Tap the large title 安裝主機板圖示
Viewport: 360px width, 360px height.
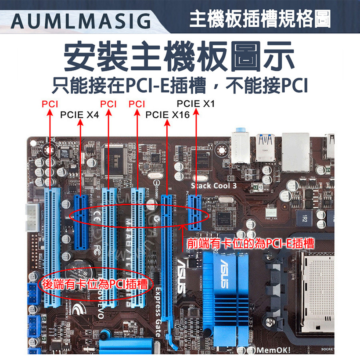click(180, 55)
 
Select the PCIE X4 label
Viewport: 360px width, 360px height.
click(79, 115)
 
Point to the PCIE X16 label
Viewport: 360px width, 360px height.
click(167, 115)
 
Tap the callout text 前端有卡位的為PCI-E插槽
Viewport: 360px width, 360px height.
click(250, 243)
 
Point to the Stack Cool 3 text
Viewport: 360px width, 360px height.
click(214, 186)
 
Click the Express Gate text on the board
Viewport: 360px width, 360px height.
click(158, 312)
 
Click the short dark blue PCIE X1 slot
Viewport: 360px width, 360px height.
click(195, 212)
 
